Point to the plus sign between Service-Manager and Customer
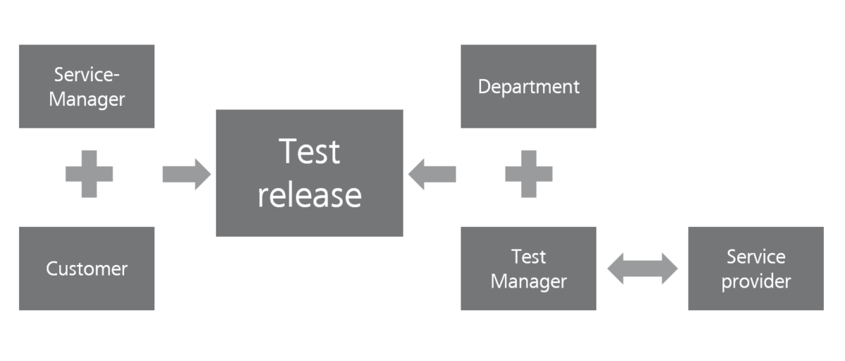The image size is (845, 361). pos(89,173)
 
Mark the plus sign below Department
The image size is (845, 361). pos(528,173)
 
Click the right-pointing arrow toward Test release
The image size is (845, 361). pos(186,173)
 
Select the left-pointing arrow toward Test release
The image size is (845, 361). pos(432,173)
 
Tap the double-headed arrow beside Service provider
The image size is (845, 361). pos(642,269)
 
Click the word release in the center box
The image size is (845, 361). pos(309,195)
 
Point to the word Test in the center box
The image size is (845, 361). pos(309,151)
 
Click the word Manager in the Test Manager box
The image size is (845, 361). pos(528,281)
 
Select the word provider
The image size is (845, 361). pos(756,282)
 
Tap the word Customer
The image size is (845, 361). pos(87,269)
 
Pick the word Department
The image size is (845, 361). pos(528,87)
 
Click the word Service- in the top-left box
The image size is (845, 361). pos(87,74)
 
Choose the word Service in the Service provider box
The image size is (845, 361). pos(756,257)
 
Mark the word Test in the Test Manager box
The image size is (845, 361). pos(528,257)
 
